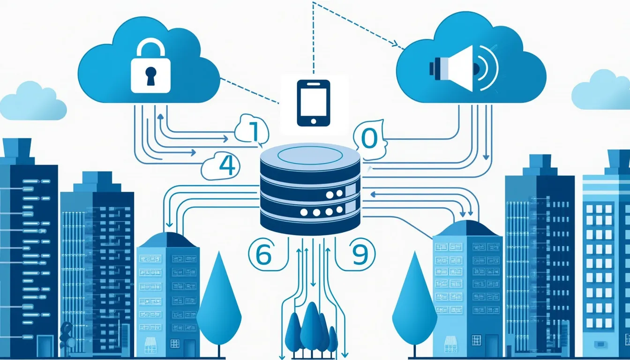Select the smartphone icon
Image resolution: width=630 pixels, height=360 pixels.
coord(314,103)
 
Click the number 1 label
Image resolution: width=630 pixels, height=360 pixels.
coord(253,131)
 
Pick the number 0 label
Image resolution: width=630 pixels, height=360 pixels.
coord(369,139)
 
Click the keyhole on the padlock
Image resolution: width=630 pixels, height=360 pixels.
coord(150,75)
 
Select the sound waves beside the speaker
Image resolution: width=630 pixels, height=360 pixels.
coord(487,68)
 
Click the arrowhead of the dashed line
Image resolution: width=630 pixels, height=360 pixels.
coord(401,47)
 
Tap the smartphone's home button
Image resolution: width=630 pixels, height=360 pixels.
coord(314,121)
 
